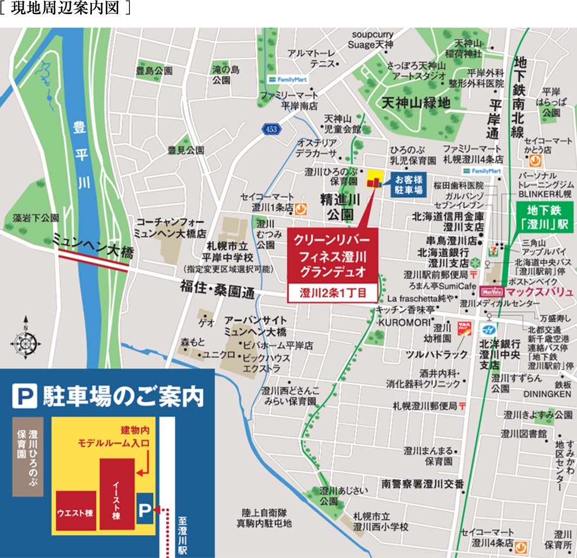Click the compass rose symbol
coord(24,342)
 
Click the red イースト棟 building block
coord(116,493)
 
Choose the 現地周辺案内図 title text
coord(65,10)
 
